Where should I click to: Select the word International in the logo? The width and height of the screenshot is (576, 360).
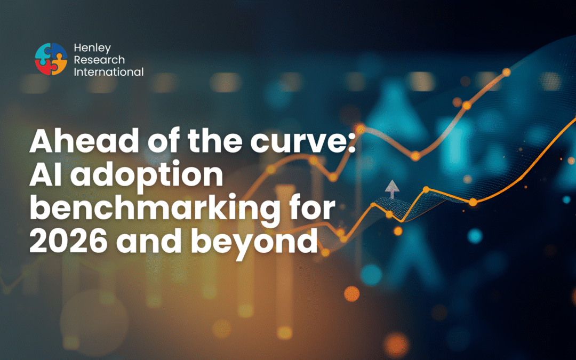pyautogui.click(x=109, y=72)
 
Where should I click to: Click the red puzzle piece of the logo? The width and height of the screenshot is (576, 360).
pyautogui.click(x=43, y=67)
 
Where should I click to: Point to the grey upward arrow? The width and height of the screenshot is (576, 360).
pyautogui.click(x=392, y=189)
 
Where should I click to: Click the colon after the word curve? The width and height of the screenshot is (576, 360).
pyautogui.click(x=351, y=143)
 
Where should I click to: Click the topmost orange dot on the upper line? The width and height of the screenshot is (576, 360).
pyautogui.click(x=506, y=72)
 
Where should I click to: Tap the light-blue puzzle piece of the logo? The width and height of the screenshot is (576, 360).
pyautogui.click(x=43, y=51)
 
